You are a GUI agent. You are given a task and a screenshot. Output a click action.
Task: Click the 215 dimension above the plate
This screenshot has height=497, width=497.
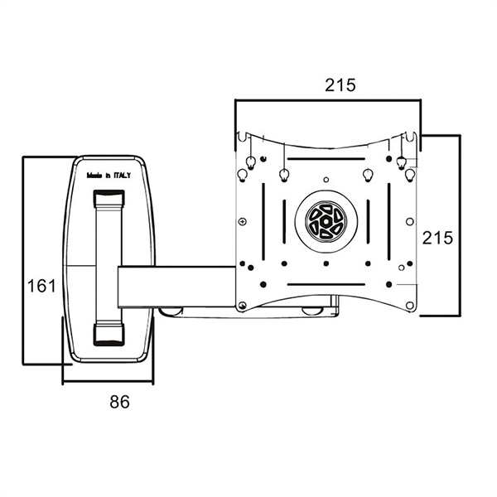pos(340,85)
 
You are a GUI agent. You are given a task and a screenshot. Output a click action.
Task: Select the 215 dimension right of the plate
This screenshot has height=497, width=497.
pos(437,238)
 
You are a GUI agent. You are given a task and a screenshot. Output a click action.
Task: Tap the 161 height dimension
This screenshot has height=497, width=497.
pos(41,286)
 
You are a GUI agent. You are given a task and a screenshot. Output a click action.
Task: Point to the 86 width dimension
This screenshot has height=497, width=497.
pos(119,402)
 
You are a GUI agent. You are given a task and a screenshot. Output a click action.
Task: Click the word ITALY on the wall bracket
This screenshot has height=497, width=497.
pos(123,176)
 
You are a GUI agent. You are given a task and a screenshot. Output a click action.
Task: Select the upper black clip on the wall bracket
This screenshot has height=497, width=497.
pos(109,199)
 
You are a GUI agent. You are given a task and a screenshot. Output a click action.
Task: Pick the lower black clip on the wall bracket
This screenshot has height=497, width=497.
pos(109,335)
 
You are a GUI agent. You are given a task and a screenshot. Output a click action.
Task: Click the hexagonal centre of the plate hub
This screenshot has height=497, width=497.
pos(326,221)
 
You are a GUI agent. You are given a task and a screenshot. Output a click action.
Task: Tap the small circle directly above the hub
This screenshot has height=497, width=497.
pos(326,180)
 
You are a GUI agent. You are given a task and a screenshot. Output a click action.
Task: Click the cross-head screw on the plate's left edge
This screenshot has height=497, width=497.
pos(243,221)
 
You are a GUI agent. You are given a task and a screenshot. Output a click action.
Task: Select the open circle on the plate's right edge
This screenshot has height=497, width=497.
pos(409,221)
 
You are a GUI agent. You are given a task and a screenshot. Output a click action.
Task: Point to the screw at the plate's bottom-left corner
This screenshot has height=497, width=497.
pos(243,305)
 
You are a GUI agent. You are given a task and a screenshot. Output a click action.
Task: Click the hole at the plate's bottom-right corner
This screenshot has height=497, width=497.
pos(409,306)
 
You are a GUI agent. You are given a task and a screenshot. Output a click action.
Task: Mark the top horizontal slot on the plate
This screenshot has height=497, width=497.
pos(326,159)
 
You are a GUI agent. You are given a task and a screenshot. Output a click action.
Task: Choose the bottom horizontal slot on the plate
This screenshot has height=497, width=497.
pos(326,284)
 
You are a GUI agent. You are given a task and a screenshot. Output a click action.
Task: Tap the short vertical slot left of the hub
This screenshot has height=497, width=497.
pos(284,221)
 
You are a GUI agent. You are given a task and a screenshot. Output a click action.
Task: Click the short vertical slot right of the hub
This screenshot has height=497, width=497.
pos(368,221)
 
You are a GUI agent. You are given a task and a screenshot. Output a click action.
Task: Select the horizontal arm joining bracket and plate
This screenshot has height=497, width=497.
pos(177,287)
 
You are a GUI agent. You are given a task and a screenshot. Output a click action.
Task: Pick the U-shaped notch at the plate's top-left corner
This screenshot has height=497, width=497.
pos(243,137)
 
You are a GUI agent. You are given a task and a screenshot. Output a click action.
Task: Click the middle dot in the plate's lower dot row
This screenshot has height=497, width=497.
pos(326,263)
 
